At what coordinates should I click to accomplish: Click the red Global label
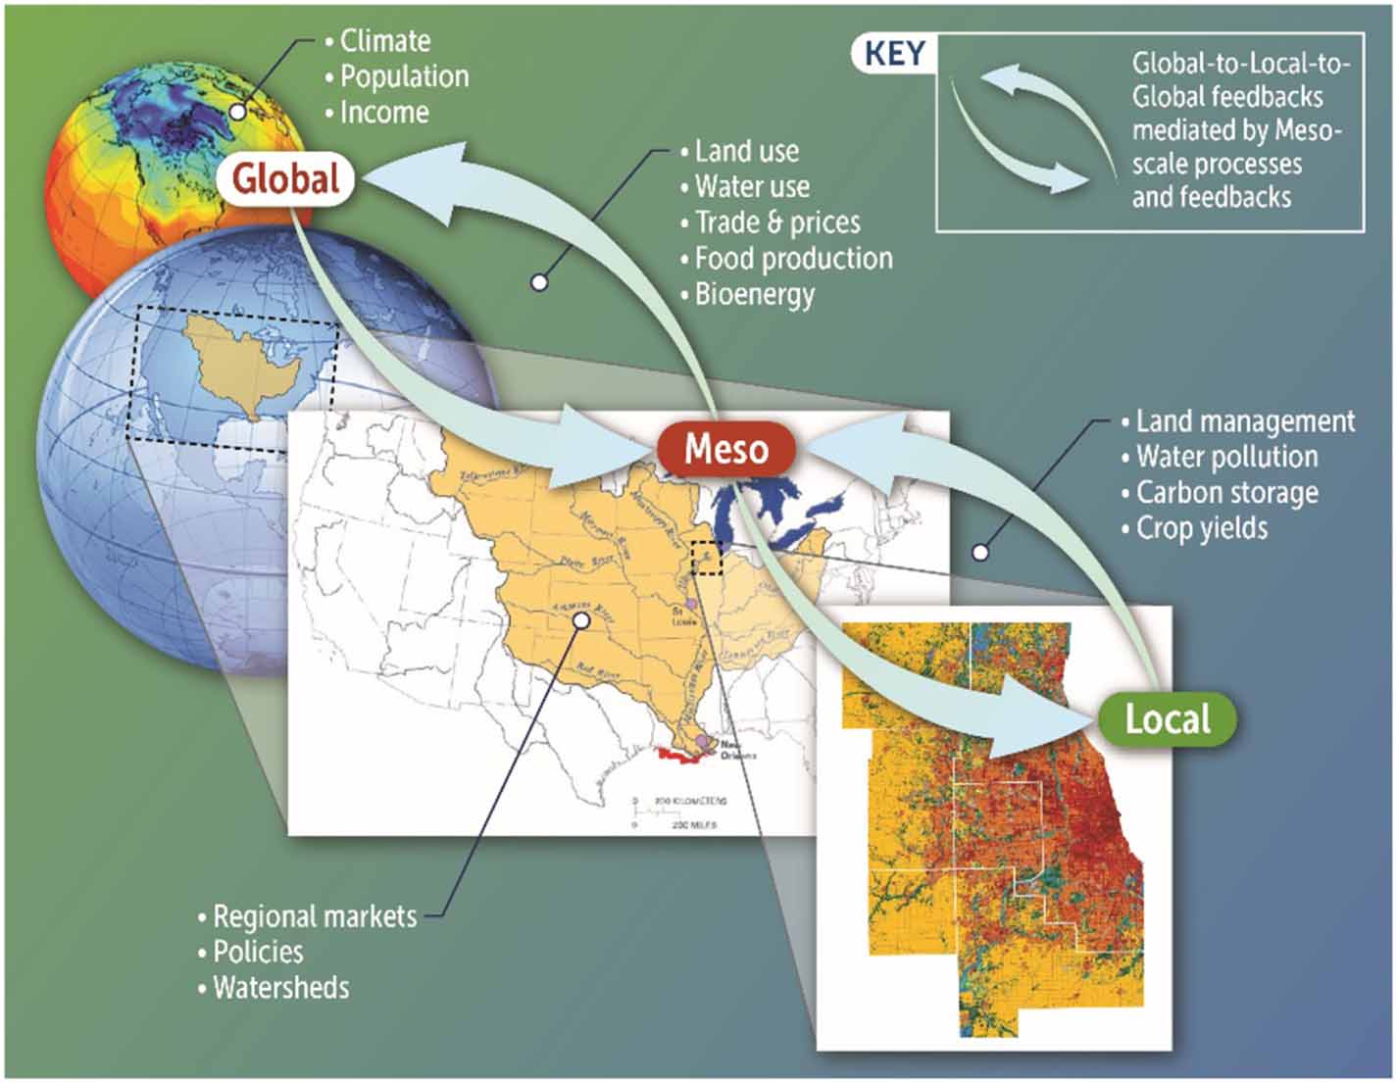[x=286, y=179]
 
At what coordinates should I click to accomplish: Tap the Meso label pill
[x=725, y=449]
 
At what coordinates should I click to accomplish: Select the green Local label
[x=1167, y=719]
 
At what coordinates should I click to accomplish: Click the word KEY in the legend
[x=894, y=54]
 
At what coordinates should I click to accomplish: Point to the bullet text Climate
[x=384, y=41]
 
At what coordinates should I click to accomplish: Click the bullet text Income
[x=384, y=113]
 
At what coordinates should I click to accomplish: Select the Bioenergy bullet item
[x=754, y=294]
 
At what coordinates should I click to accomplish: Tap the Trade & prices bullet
[x=776, y=222]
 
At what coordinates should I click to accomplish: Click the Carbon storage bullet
[x=1226, y=492]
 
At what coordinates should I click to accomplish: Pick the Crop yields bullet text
[x=1201, y=528]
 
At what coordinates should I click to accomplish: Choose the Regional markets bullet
[x=315, y=916]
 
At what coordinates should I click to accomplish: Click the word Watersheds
[x=280, y=987]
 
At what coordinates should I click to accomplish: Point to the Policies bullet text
[x=258, y=952]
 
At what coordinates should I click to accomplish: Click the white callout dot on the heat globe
[x=238, y=111]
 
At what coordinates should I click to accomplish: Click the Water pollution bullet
[x=1226, y=457]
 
